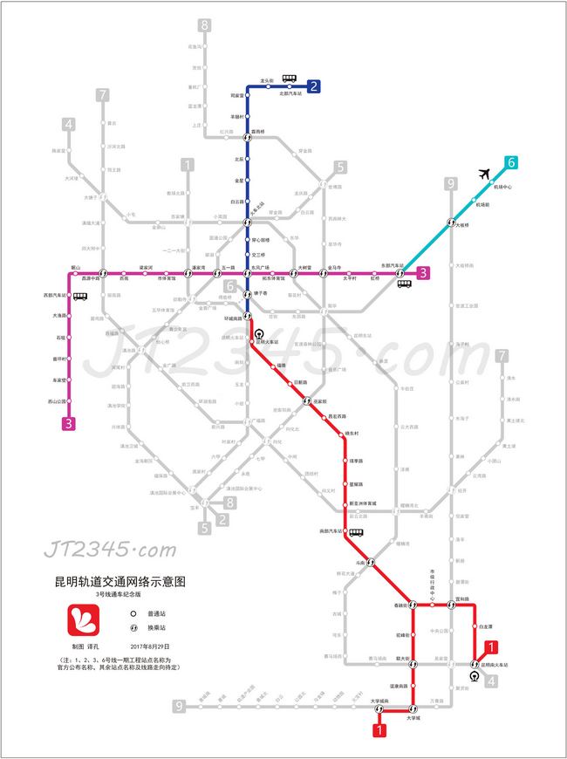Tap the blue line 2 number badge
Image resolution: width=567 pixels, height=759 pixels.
[313, 85]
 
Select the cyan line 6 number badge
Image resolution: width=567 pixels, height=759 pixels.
[511, 161]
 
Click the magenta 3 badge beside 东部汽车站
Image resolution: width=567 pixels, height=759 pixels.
[423, 272]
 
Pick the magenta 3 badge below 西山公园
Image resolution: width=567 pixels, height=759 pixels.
[67, 424]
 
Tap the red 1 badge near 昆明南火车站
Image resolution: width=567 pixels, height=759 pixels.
[494, 646]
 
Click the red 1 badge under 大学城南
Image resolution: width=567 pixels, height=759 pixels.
[379, 732]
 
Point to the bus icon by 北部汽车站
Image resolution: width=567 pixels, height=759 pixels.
[289, 79]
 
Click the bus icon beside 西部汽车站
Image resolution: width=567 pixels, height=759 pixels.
[80, 297]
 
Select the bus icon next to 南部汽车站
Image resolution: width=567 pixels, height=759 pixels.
[356, 532]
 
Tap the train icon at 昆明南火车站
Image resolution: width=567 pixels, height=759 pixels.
[474, 675]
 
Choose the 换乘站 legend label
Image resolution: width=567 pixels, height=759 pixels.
[160, 627]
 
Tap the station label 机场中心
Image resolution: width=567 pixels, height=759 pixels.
[502, 188]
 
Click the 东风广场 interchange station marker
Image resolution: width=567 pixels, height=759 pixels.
[247, 273]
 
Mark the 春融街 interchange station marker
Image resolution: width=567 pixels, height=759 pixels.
[413, 605]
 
